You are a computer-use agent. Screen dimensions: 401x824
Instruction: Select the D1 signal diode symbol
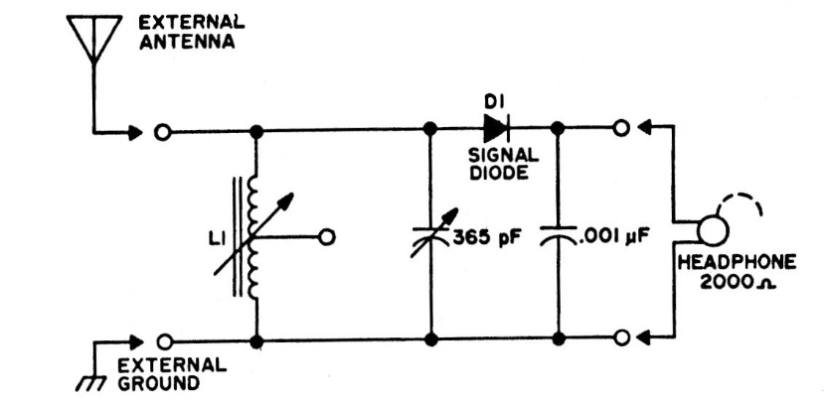click(494, 128)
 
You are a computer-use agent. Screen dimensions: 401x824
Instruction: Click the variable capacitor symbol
click(431, 235)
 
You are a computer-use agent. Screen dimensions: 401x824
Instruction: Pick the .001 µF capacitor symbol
click(558, 236)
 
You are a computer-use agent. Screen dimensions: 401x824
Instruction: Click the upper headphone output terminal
click(622, 129)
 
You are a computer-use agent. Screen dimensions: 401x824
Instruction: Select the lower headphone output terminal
click(622, 338)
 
